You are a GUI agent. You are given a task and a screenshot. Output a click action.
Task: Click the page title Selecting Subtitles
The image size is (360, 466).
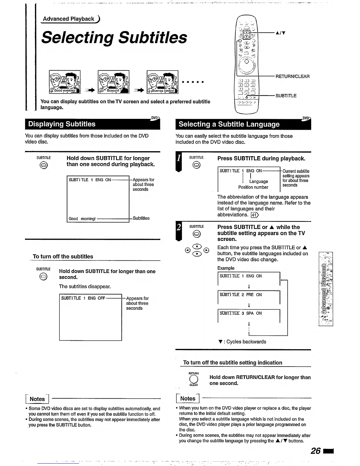(114, 38)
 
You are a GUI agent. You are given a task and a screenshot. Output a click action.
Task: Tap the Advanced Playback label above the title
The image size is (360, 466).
(69, 19)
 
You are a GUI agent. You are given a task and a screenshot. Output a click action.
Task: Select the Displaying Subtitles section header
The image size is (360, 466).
(62, 124)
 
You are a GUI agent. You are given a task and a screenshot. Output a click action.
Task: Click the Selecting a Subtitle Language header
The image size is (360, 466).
(229, 124)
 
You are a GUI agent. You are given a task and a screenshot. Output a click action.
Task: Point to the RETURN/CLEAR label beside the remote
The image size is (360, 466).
(292, 76)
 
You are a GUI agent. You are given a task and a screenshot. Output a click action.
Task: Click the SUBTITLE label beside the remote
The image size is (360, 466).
(286, 96)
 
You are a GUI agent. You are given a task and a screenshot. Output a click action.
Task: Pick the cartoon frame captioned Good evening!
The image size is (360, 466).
(65, 82)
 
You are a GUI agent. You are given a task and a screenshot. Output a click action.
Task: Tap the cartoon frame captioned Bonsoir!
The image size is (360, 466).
(114, 82)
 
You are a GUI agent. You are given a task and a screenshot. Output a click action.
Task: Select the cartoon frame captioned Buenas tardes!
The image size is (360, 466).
(162, 82)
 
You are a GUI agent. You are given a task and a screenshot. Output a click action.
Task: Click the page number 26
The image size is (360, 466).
(316, 451)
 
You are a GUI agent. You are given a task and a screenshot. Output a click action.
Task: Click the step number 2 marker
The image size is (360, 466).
(179, 228)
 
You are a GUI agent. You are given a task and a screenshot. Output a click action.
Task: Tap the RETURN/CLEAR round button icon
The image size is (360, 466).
(193, 379)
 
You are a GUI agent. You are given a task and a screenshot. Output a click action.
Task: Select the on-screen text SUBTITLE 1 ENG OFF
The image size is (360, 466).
(83, 298)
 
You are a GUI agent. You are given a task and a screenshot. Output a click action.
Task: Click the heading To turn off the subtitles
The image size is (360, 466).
(63, 257)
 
